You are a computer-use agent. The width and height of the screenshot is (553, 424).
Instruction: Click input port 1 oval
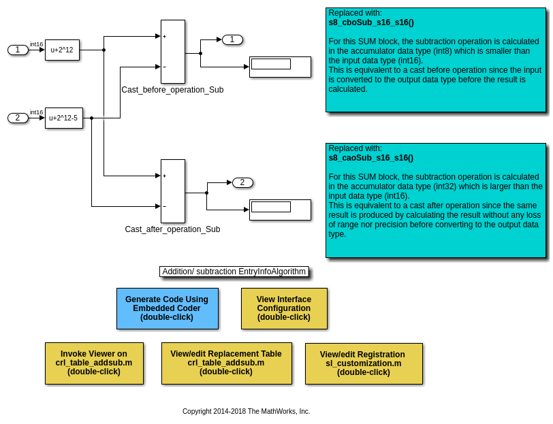(x=18, y=50)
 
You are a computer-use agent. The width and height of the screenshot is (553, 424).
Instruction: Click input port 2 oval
(x=18, y=118)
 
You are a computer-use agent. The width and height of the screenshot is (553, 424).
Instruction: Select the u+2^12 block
(x=62, y=50)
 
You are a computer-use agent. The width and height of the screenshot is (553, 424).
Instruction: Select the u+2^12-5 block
(x=63, y=118)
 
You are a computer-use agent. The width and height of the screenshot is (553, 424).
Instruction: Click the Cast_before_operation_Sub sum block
(x=172, y=52)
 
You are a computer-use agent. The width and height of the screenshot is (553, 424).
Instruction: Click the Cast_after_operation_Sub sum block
(x=172, y=191)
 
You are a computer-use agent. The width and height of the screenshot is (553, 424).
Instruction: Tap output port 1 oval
(x=232, y=39)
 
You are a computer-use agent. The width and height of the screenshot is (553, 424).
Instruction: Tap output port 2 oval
(x=242, y=182)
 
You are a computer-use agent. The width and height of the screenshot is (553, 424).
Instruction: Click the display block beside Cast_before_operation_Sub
(x=280, y=67)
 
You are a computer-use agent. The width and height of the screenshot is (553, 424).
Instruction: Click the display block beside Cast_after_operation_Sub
(x=280, y=210)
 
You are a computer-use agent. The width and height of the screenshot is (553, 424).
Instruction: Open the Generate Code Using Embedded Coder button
(x=167, y=308)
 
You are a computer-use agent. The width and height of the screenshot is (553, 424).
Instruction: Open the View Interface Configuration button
(x=284, y=308)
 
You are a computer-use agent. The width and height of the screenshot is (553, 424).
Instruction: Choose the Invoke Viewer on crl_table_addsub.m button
(x=94, y=363)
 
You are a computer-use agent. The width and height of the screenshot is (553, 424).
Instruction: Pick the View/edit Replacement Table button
(x=226, y=363)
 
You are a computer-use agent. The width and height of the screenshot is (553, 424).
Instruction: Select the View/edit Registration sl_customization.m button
(x=363, y=363)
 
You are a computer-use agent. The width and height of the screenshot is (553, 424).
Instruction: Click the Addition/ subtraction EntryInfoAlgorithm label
(x=234, y=272)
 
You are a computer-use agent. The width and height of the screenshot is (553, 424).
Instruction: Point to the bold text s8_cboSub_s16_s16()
(x=371, y=22)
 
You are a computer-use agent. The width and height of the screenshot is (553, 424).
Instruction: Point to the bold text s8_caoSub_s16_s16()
(x=371, y=158)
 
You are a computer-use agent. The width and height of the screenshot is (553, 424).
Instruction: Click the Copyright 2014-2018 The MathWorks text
(x=246, y=411)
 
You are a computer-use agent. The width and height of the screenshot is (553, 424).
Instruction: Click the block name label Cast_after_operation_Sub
(x=172, y=229)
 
